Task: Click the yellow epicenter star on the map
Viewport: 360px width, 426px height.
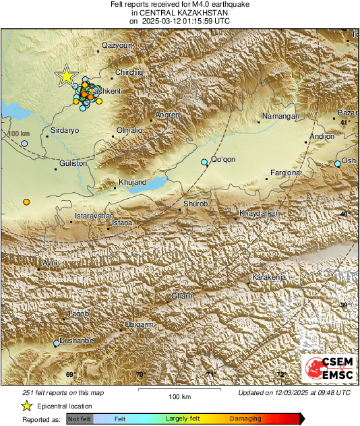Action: click(66, 76)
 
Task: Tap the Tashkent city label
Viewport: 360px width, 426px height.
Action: click(105, 91)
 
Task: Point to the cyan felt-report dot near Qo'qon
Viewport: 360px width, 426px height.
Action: click(205, 162)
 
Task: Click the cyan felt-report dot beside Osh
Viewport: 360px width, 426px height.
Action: click(338, 164)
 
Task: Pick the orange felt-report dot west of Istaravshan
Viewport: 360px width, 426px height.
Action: click(26, 202)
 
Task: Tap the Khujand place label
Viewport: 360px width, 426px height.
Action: click(132, 183)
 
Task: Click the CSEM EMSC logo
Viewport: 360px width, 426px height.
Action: click(328, 369)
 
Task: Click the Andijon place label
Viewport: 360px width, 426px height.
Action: click(321, 137)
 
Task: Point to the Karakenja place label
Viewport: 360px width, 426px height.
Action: click(269, 278)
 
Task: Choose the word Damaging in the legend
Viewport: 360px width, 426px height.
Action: click(245, 419)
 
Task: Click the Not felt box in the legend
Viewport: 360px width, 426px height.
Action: click(80, 419)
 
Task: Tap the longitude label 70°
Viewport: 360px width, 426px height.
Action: click(140, 375)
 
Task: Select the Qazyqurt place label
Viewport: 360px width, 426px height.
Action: click(117, 45)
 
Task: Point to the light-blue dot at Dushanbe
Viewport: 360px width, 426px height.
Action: click(57, 343)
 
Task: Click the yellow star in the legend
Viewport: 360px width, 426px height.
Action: click(27, 406)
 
